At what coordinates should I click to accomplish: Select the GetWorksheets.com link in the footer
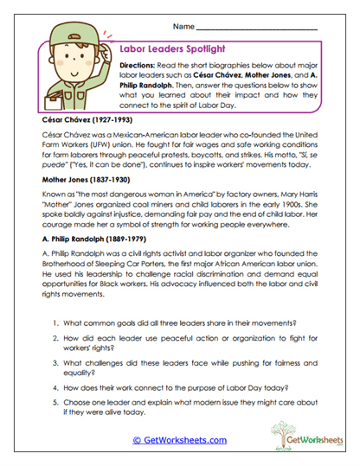(179, 440)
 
